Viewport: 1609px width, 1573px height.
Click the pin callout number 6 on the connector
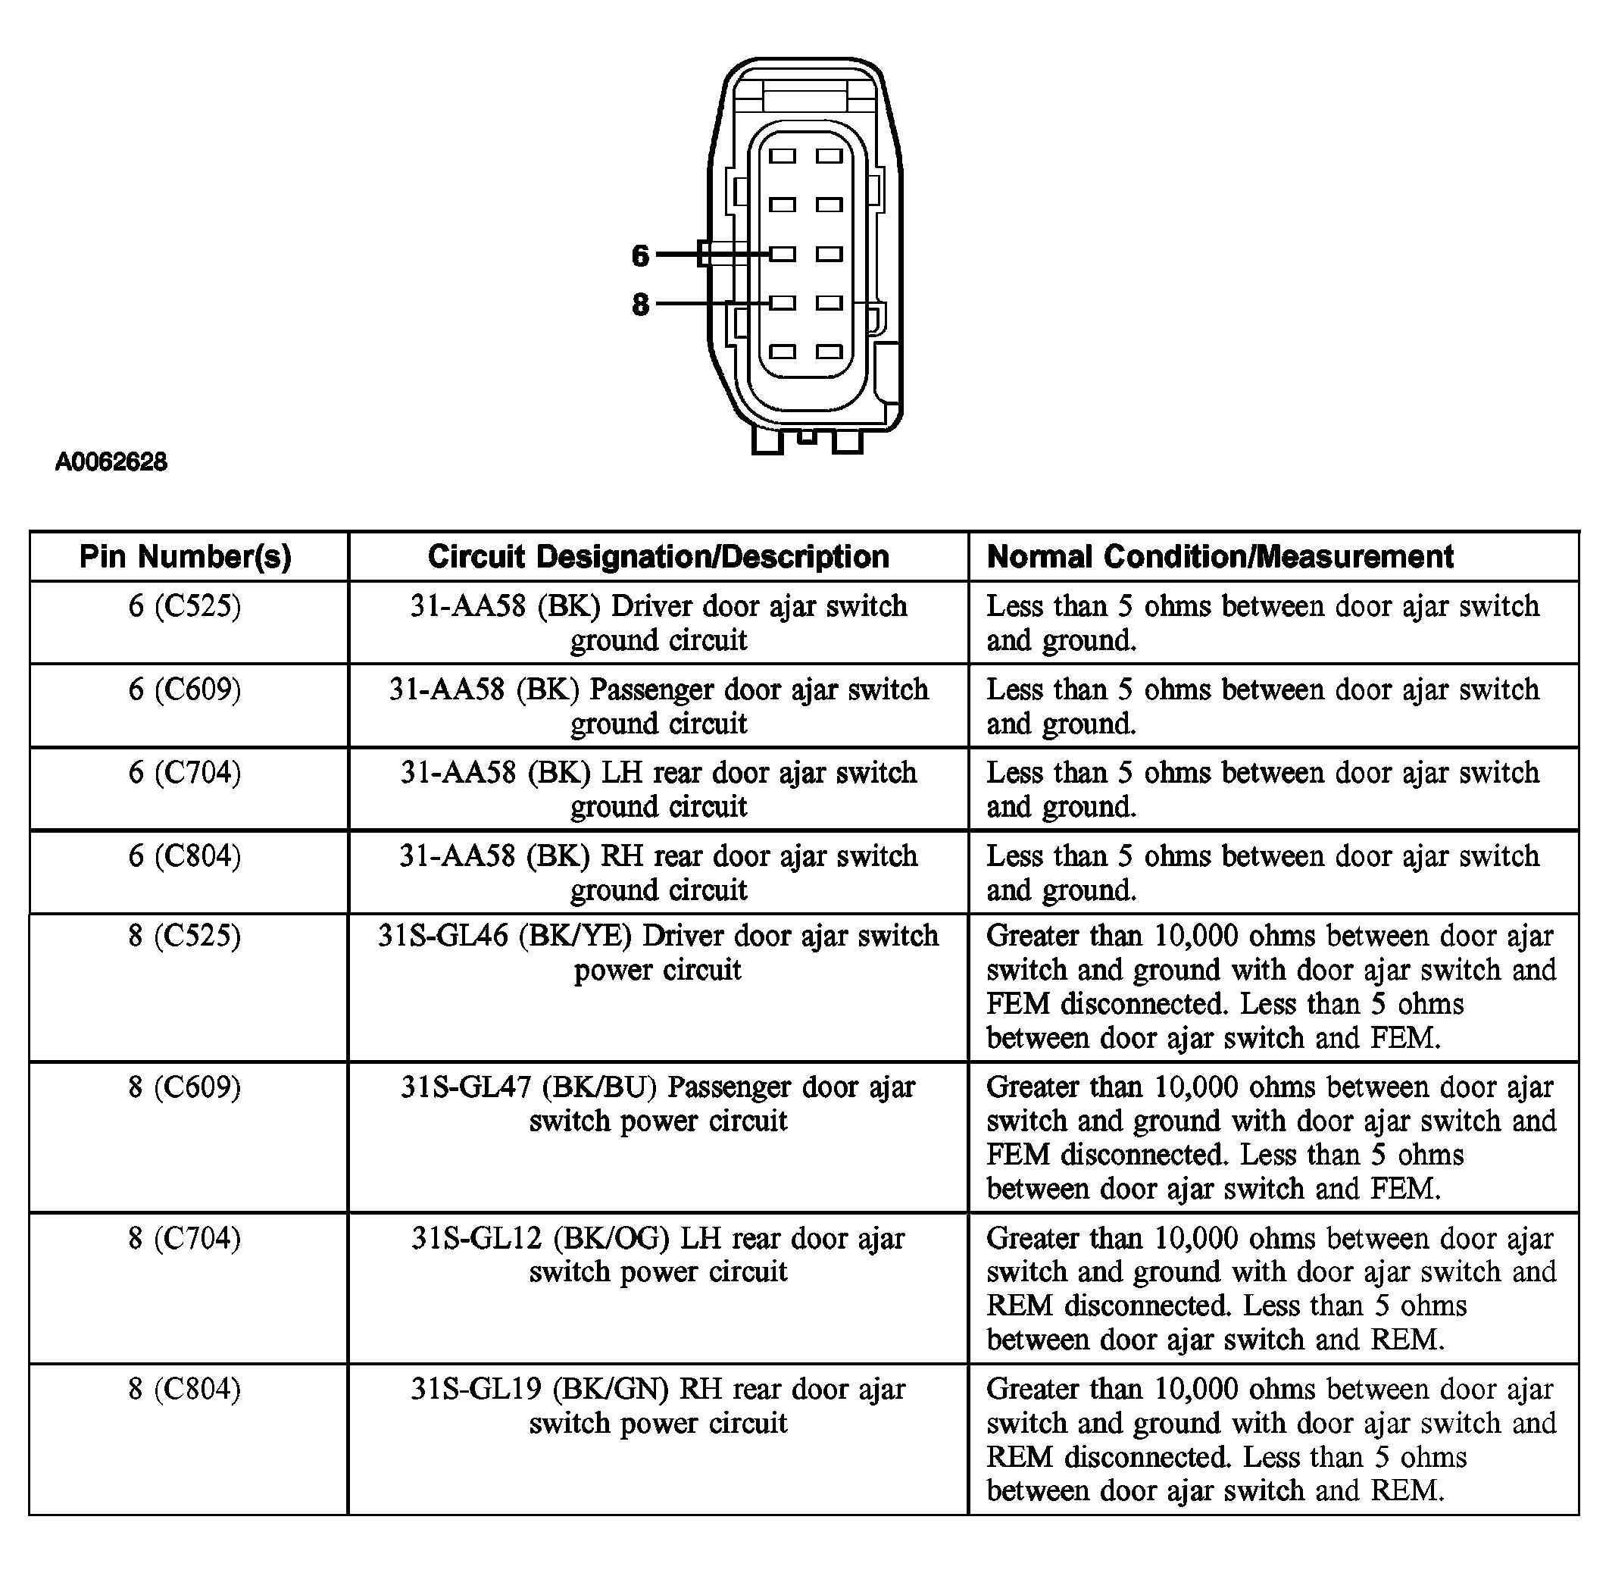pyautogui.click(x=640, y=256)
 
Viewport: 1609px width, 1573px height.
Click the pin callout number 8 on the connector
pyautogui.click(x=640, y=305)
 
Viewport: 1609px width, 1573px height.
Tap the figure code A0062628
pyautogui.click(x=111, y=461)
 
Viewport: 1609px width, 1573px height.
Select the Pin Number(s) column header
pyautogui.click(x=186, y=557)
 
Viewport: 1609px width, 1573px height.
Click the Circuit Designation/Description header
pyautogui.click(x=658, y=557)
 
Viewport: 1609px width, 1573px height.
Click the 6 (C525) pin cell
pyautogui.click(x=185, y=606)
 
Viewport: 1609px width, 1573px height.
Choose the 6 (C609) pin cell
pyautogui.click(x=185, y=690)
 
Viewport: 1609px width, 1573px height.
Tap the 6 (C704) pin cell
pyautogui.click(x=185, y=772)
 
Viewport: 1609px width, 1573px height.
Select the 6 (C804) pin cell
pyautogui.click(x=185, y=856)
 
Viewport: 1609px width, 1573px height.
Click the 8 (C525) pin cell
pyautogui.click(x=185, y=936)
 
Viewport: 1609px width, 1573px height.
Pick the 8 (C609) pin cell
pyautogui.click(x=185, y=1087)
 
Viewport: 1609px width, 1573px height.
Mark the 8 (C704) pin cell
pyautogui.click(x=185, y=1238)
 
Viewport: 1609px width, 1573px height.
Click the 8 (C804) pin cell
pyautogui.click(x=185, y=1389)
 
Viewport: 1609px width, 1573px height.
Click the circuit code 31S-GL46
pyautogui.click(x=442, y=936)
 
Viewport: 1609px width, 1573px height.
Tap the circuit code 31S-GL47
pyautogui.click(x=466, y=1087)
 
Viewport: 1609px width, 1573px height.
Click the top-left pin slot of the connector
pyautogui.click(x=783, y=156)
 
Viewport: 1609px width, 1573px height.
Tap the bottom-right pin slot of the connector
pyautogui.click(x=829, y=352)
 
